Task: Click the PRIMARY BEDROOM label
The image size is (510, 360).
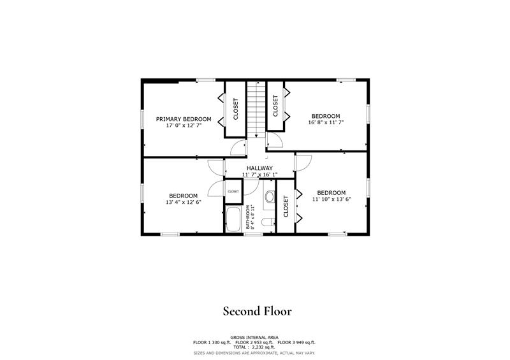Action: click(184, 119)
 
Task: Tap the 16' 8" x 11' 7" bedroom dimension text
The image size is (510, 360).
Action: click(326, 122)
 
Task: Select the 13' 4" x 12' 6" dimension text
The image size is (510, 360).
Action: click(183, 203)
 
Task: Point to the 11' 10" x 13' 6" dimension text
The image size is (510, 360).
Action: click(331, 199)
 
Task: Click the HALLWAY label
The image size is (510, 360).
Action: click(259, 168)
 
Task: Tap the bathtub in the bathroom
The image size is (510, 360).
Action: click(233, 219)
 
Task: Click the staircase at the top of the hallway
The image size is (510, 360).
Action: click(255, 108)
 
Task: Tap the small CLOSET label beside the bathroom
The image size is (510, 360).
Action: click(233, 191)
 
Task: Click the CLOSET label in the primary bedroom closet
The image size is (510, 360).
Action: click(235, 109)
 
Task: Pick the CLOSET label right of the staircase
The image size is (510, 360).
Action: click(275, 106)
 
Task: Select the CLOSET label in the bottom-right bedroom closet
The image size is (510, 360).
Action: click(286, 206)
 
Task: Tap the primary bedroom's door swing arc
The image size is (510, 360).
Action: click(237, 148)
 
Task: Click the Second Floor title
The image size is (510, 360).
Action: click(257, 311)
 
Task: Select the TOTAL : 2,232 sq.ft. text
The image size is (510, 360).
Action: click(254, 347)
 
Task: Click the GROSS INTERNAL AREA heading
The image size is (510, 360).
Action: click(254, 337)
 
